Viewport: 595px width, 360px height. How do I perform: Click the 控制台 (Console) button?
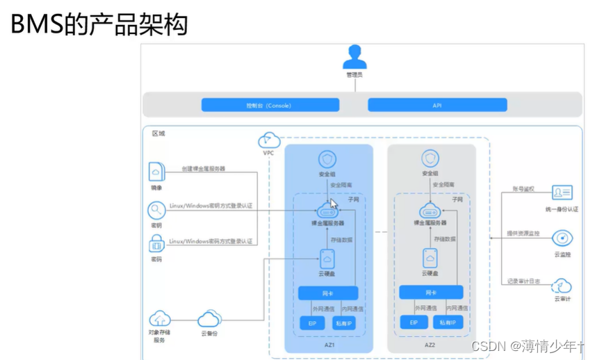(x=270, y=106)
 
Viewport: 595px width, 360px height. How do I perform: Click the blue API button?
(x=437, y=106)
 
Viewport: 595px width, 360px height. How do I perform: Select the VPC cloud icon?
(x=268, y=140)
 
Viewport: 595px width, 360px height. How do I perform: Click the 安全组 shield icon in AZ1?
(x=327, y=159)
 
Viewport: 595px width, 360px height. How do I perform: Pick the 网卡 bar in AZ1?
(x=328, y=293)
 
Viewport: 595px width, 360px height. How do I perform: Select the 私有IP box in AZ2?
(x=448, y=323)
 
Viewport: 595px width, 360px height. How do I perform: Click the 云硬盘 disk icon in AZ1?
(x=327, y=259)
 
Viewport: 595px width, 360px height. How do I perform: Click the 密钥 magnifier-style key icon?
(x=156, y=210)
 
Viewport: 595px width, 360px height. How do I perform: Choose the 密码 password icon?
(x=156, y=244)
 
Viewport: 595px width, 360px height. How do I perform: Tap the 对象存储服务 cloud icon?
(x=159, y=319)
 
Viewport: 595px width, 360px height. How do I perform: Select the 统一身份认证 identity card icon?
(x=562, y=193)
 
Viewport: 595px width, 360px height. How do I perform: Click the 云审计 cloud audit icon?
(x=562, y=285)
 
